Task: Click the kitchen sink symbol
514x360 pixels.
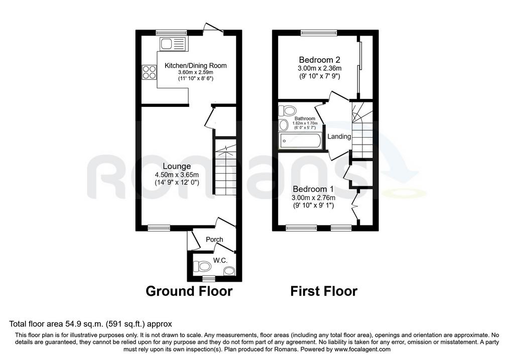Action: (x=173, y=44)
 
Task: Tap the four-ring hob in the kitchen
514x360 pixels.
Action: (x=149, y=72)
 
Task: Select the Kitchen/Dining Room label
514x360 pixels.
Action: (x=195, y=66)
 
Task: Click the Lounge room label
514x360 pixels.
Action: (x=177, y=167)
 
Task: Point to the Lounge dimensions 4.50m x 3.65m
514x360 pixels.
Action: (x=177, y=175)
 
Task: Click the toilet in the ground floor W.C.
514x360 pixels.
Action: (x=202, y=266)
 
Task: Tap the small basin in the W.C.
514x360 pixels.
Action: (x=229, y=271)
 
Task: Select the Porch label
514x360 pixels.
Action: (x=214, y=239)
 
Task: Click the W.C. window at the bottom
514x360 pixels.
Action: (x=208, y=279)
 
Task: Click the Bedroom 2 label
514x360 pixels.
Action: (x=320, y=60)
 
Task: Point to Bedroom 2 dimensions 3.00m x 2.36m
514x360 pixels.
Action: (x=320, y=68)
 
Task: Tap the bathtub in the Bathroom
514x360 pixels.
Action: (x=300, y=141)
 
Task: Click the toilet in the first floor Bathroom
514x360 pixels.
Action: (x=287, y=110)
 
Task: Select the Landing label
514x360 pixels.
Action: (x=339, y=137)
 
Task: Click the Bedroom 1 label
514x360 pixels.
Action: (x=313, y=189)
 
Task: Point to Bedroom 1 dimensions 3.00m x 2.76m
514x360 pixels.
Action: (x=313, y=198)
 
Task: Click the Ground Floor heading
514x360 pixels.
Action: (x=189, y=291)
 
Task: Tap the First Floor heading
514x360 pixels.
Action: (x=324, y=291)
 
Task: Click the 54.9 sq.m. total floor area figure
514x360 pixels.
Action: (x=83, y=324)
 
